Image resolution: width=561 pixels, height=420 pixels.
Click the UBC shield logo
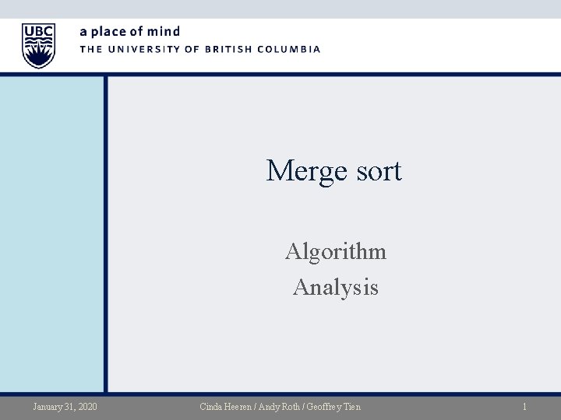(x=38, y=45)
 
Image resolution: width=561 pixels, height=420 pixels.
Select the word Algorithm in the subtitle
(x=335, y=252)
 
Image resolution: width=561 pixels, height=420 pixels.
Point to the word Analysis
(x=335, y=288)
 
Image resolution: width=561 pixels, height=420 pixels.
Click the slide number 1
(x=525, y=407)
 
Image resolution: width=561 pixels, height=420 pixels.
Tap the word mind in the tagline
(x=164, y=32)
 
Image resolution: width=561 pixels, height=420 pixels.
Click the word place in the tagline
(x=109, y=32)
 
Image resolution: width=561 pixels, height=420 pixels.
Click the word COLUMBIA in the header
(x=290, y=49)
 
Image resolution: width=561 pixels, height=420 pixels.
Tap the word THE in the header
(x=90, y=49)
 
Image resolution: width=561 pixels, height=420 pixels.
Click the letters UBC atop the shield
(x=38, y=31)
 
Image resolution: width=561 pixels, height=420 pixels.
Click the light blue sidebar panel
(x=53, y=233)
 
